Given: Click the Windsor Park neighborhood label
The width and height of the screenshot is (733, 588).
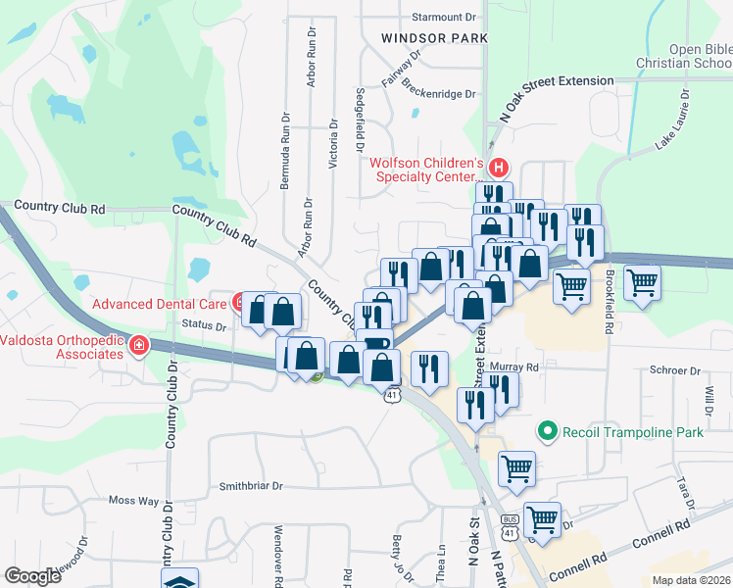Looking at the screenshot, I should tap(434, 38).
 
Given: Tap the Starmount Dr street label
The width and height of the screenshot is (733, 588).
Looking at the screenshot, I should tap(443, 17).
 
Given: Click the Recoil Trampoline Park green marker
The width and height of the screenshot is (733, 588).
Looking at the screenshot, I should tap(547, 430).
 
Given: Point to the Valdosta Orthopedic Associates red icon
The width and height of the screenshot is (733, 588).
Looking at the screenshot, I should tap(139, 346).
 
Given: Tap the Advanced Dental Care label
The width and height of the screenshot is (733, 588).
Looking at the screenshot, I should tap(160, 303).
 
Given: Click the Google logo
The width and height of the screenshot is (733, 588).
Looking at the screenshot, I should tap(33, 576).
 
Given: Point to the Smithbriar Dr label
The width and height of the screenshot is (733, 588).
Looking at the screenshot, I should tap(250, 485).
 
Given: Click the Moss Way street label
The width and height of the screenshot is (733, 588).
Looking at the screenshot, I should tap(133, 501).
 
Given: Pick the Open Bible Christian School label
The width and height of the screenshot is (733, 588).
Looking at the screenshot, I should tap(700, 57).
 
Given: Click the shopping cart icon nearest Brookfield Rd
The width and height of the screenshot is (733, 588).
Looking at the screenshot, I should tap(571, 286).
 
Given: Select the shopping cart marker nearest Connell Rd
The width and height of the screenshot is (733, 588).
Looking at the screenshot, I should tap(542, 516).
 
